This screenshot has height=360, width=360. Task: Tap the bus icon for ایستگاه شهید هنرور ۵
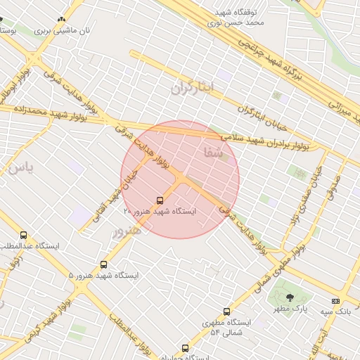(104, 264)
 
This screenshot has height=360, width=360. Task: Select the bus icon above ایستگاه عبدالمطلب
(24, 236)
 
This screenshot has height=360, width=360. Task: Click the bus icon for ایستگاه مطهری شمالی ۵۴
(226, 311)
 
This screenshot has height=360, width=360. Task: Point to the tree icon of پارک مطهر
(290, 297)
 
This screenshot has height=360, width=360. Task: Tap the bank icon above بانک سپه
(335, 301)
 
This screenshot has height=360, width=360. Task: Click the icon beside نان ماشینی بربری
(63, 20)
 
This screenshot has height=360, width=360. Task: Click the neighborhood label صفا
(213, 151)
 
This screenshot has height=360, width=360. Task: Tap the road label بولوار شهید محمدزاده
(46, 111)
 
